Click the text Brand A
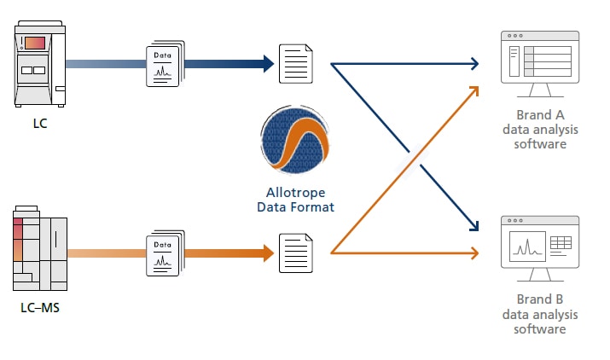[x=540, y=115]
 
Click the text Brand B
[x=540, y=300]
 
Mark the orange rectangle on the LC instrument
[x=35, y=42]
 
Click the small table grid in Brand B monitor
[x=561, y=244]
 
